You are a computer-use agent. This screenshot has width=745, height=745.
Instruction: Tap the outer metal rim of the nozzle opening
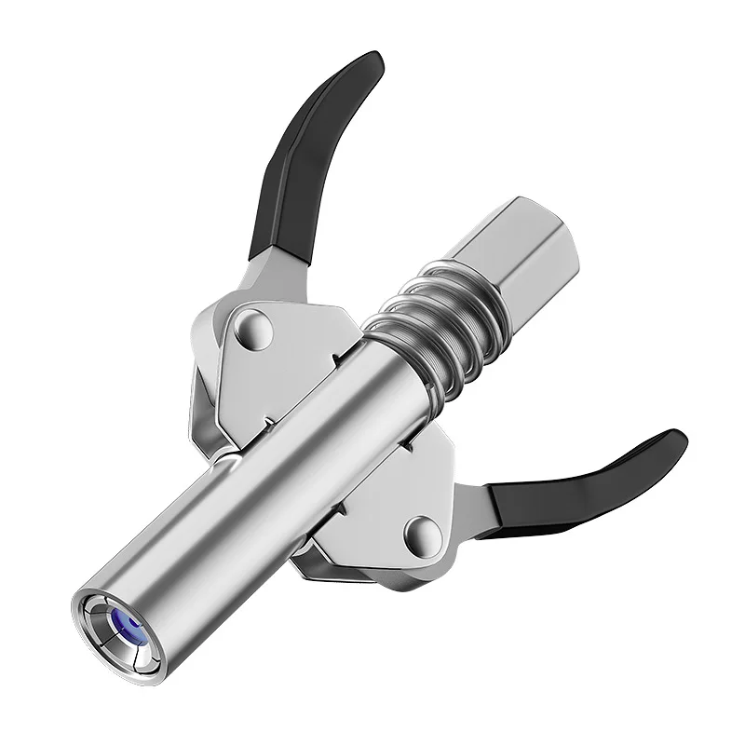click(x=93, y=643)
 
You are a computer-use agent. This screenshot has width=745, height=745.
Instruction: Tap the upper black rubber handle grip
click(x=307, y=158)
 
